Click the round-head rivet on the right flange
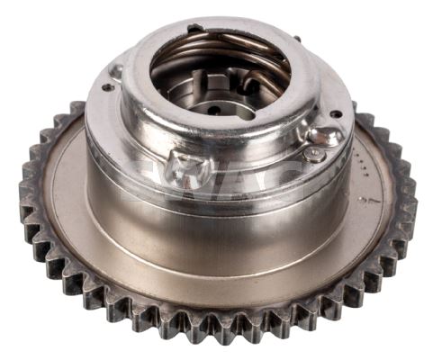pyautogui.click(x=325, y=136)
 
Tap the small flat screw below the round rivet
pyautogui.click(x=314, y=154)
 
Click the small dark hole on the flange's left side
pyautogui.click(x=107, y=87)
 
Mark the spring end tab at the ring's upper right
pyautogui.click(x=296, y=40)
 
